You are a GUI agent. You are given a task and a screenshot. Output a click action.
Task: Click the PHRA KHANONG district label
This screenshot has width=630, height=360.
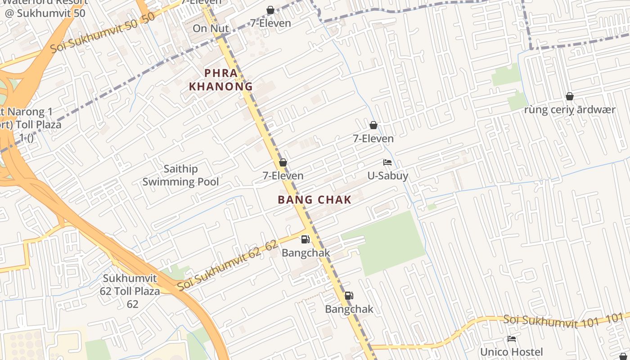[x=220, y=80]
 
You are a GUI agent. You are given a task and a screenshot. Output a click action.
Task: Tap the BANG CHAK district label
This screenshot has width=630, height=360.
[x=315, y=200]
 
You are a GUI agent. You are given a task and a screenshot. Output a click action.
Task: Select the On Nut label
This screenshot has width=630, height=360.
[x=211, y=28]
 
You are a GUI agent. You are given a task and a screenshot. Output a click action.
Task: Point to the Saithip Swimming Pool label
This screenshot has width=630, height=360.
[x=181, y=175]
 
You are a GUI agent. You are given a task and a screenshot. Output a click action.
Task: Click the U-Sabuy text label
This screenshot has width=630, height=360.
[x=387, y=175]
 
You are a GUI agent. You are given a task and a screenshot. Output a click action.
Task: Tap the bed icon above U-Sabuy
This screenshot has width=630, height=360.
[x=387, y=162]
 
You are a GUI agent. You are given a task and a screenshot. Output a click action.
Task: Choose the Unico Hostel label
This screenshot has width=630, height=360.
[x=511, y=352]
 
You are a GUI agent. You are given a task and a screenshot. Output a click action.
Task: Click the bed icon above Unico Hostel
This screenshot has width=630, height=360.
[x=512, y=339]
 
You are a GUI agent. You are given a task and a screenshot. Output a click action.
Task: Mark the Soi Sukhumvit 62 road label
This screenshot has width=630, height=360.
[x=227, y=265]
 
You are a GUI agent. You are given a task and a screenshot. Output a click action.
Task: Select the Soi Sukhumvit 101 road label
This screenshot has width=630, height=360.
[x=563, y=321]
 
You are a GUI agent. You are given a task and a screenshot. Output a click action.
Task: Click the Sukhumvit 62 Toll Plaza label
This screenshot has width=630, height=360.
[x=130, y=291]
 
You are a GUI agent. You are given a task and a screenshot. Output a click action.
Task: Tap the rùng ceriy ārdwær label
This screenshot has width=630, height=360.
[x=570, y=110]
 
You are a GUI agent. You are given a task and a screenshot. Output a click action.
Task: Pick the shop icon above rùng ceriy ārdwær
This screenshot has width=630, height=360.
[x=570, y=96]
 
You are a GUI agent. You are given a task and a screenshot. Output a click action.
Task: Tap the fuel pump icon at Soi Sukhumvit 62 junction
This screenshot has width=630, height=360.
[x=306, y=239]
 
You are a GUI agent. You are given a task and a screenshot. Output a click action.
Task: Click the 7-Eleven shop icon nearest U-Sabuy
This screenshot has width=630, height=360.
[x=373, y=125]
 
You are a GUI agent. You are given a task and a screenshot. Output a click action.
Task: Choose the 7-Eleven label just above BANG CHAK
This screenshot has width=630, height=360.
[x=283, y=175]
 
